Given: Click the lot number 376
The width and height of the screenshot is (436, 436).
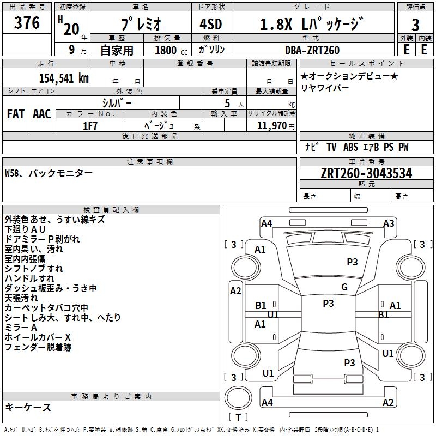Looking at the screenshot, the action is pos(27,23).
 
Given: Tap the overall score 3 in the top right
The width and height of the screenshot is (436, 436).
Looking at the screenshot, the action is pos(415,25).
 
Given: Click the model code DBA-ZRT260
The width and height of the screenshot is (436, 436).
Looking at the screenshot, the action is pos(312,50).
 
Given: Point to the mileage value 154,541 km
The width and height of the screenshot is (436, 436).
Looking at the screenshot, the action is pos(64,78).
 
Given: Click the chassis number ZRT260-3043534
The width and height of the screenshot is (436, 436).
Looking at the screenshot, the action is pos(366,173).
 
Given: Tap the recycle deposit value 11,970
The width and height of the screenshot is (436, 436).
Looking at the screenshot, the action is pos(271,125).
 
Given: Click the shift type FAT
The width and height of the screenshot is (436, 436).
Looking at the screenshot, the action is pos(15,114).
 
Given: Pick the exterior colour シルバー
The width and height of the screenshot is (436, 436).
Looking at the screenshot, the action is pos(117,102).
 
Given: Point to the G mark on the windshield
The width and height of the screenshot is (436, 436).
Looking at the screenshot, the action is pos(344,287).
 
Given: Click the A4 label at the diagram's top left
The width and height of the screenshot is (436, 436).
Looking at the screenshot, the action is pos(267,223).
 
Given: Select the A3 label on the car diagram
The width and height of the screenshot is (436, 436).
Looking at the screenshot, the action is pos(389,223).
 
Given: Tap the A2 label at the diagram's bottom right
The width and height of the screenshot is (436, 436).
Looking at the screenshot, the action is pos(388,403).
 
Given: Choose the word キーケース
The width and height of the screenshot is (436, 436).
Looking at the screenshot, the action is pos(28,407).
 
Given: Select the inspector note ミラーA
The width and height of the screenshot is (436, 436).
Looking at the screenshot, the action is pos(21,327).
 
